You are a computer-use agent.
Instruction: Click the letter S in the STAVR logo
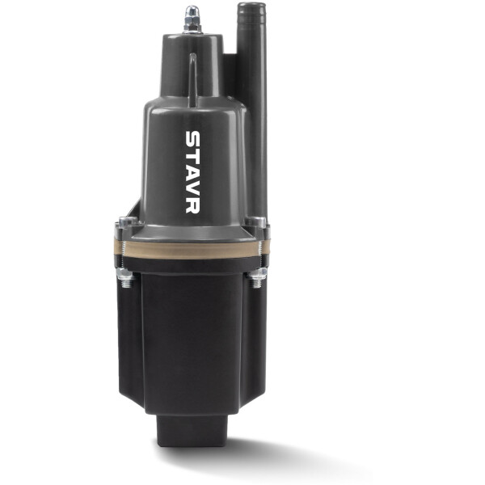(x=192, y=139)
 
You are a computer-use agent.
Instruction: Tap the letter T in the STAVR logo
(x=192, y=157)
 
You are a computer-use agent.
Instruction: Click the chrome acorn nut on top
(x=192, y=14)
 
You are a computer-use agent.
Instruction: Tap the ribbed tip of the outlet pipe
(x=251, y=12)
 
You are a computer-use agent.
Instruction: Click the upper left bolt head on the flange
(x=128, y=221)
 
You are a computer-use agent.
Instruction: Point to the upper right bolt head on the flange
(x=255, y=221)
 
